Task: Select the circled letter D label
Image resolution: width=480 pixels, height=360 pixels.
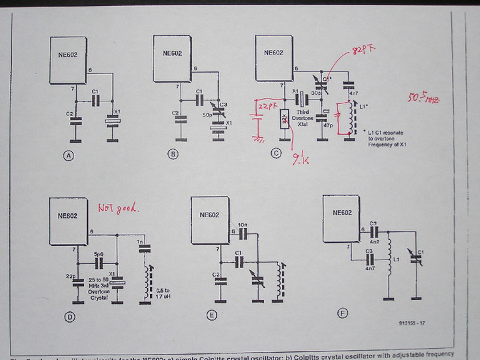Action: point(69,317)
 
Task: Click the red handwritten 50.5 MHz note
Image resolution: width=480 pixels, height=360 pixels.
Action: point(425,99)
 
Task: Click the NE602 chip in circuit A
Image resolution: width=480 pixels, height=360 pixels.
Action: point(67,56)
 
